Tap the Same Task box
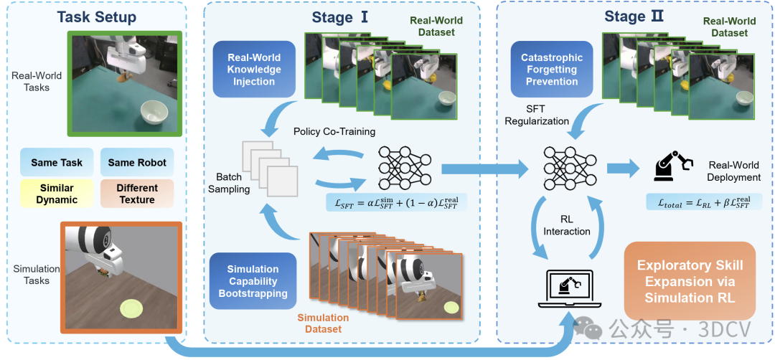57,163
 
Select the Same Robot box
137,163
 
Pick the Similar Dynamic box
57,194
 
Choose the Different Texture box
137,194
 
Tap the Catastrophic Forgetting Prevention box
547,70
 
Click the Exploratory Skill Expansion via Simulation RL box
690,281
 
